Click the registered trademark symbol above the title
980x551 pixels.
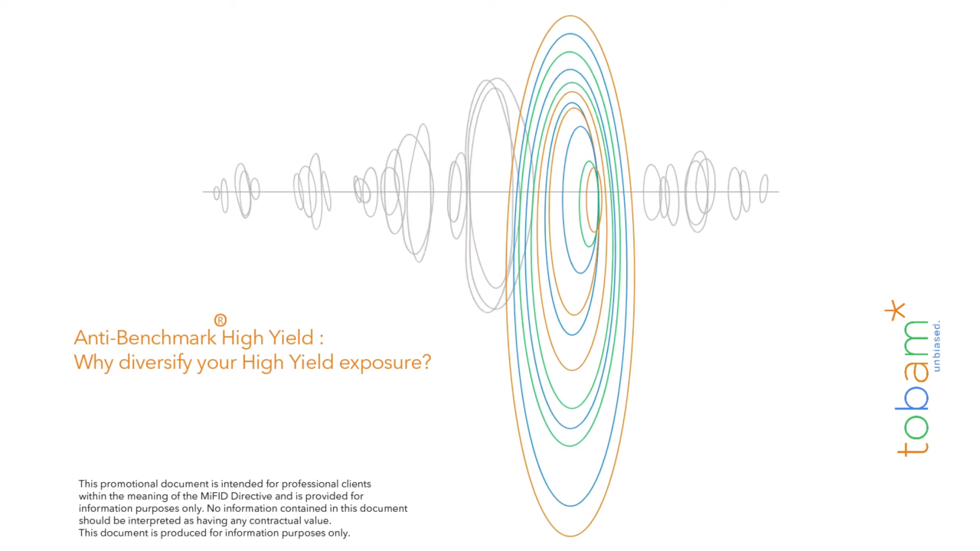point(220,320)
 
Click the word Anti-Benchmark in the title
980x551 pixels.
point(145,337)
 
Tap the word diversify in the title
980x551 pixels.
point(155,363)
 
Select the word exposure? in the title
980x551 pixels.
point(385,363)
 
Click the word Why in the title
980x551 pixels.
point(93,363)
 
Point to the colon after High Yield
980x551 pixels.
point(322,339)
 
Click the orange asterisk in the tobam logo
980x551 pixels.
point(895,310)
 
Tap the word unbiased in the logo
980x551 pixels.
point(936,347)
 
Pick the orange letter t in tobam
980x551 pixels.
point(913,450)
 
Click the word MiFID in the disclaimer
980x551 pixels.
point(214,497)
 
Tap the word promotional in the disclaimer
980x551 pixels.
point(129,484)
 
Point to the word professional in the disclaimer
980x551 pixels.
point(309,484)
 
